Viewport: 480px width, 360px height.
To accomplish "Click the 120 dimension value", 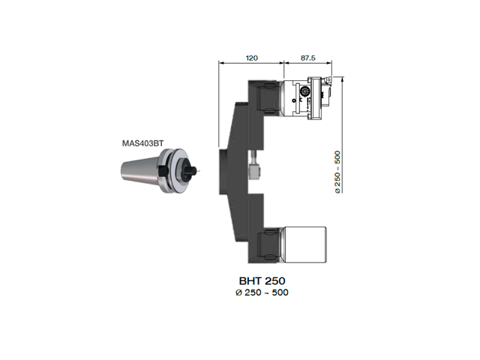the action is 252,58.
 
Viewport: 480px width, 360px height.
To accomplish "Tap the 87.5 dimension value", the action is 307,58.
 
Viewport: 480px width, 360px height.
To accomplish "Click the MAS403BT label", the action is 143,143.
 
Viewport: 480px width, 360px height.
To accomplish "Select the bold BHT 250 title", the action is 262,280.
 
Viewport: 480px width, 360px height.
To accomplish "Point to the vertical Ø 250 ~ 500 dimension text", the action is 337,172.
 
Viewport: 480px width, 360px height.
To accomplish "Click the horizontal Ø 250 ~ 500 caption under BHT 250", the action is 262,292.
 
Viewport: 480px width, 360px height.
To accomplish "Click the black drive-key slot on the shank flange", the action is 163,170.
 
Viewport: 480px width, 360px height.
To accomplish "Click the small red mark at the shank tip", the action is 199,170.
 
